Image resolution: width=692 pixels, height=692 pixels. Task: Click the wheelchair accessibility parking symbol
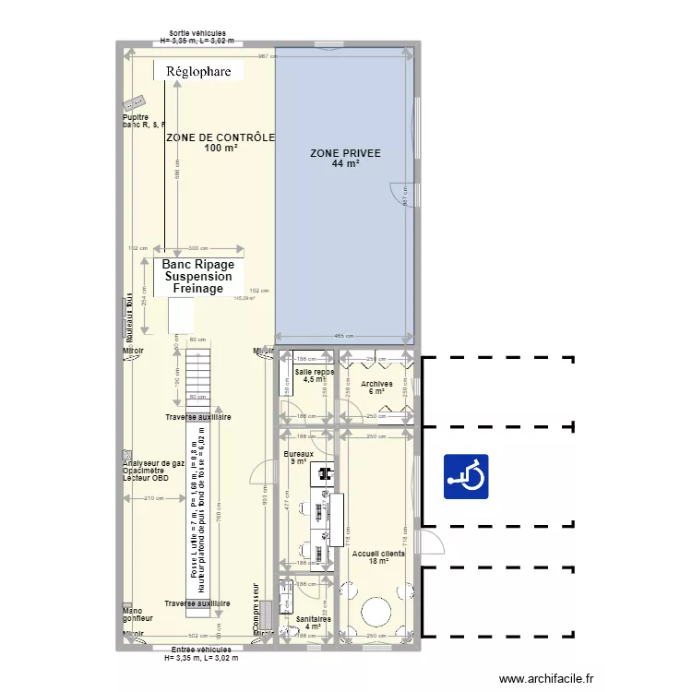[x=466, y=476]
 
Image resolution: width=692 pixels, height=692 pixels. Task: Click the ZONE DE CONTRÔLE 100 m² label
[x=221, y=142]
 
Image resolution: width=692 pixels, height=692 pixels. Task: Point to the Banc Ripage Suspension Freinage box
[x=198, y=276]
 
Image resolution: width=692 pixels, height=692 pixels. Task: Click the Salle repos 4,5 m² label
[x=315, y=375]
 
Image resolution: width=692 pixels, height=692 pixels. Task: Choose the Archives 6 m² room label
[x=376, y=388]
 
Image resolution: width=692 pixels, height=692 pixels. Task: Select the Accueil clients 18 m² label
[x=377, y=557]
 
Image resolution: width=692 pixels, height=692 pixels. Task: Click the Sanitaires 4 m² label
[x=307, y=623]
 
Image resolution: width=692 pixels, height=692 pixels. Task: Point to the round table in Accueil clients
[x=376, y=612]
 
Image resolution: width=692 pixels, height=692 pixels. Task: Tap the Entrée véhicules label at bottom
[x=200, y=654]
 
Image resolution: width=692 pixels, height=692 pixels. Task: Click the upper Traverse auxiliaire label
[x=197, y=418]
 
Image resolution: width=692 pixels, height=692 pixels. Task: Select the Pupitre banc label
[x=142, y=121]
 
